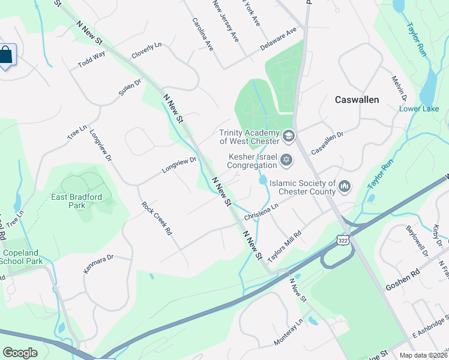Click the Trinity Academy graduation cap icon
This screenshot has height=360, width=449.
tap(288, 136)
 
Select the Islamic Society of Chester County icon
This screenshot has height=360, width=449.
tap(345, 187)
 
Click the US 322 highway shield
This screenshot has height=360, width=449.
tap(342, 239)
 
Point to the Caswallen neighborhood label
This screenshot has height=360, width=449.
tap(357, 100)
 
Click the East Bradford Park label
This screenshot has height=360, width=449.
tap(76, 200)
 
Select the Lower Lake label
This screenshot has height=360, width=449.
tap(419, 109)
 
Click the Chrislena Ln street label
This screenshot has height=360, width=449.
tap(262, 211)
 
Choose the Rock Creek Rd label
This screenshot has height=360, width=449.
tap(157, 218)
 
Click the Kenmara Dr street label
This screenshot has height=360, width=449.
tap(98, 264)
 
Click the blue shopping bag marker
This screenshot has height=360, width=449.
tap(5, 55)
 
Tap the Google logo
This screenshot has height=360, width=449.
tap(20, 353)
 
